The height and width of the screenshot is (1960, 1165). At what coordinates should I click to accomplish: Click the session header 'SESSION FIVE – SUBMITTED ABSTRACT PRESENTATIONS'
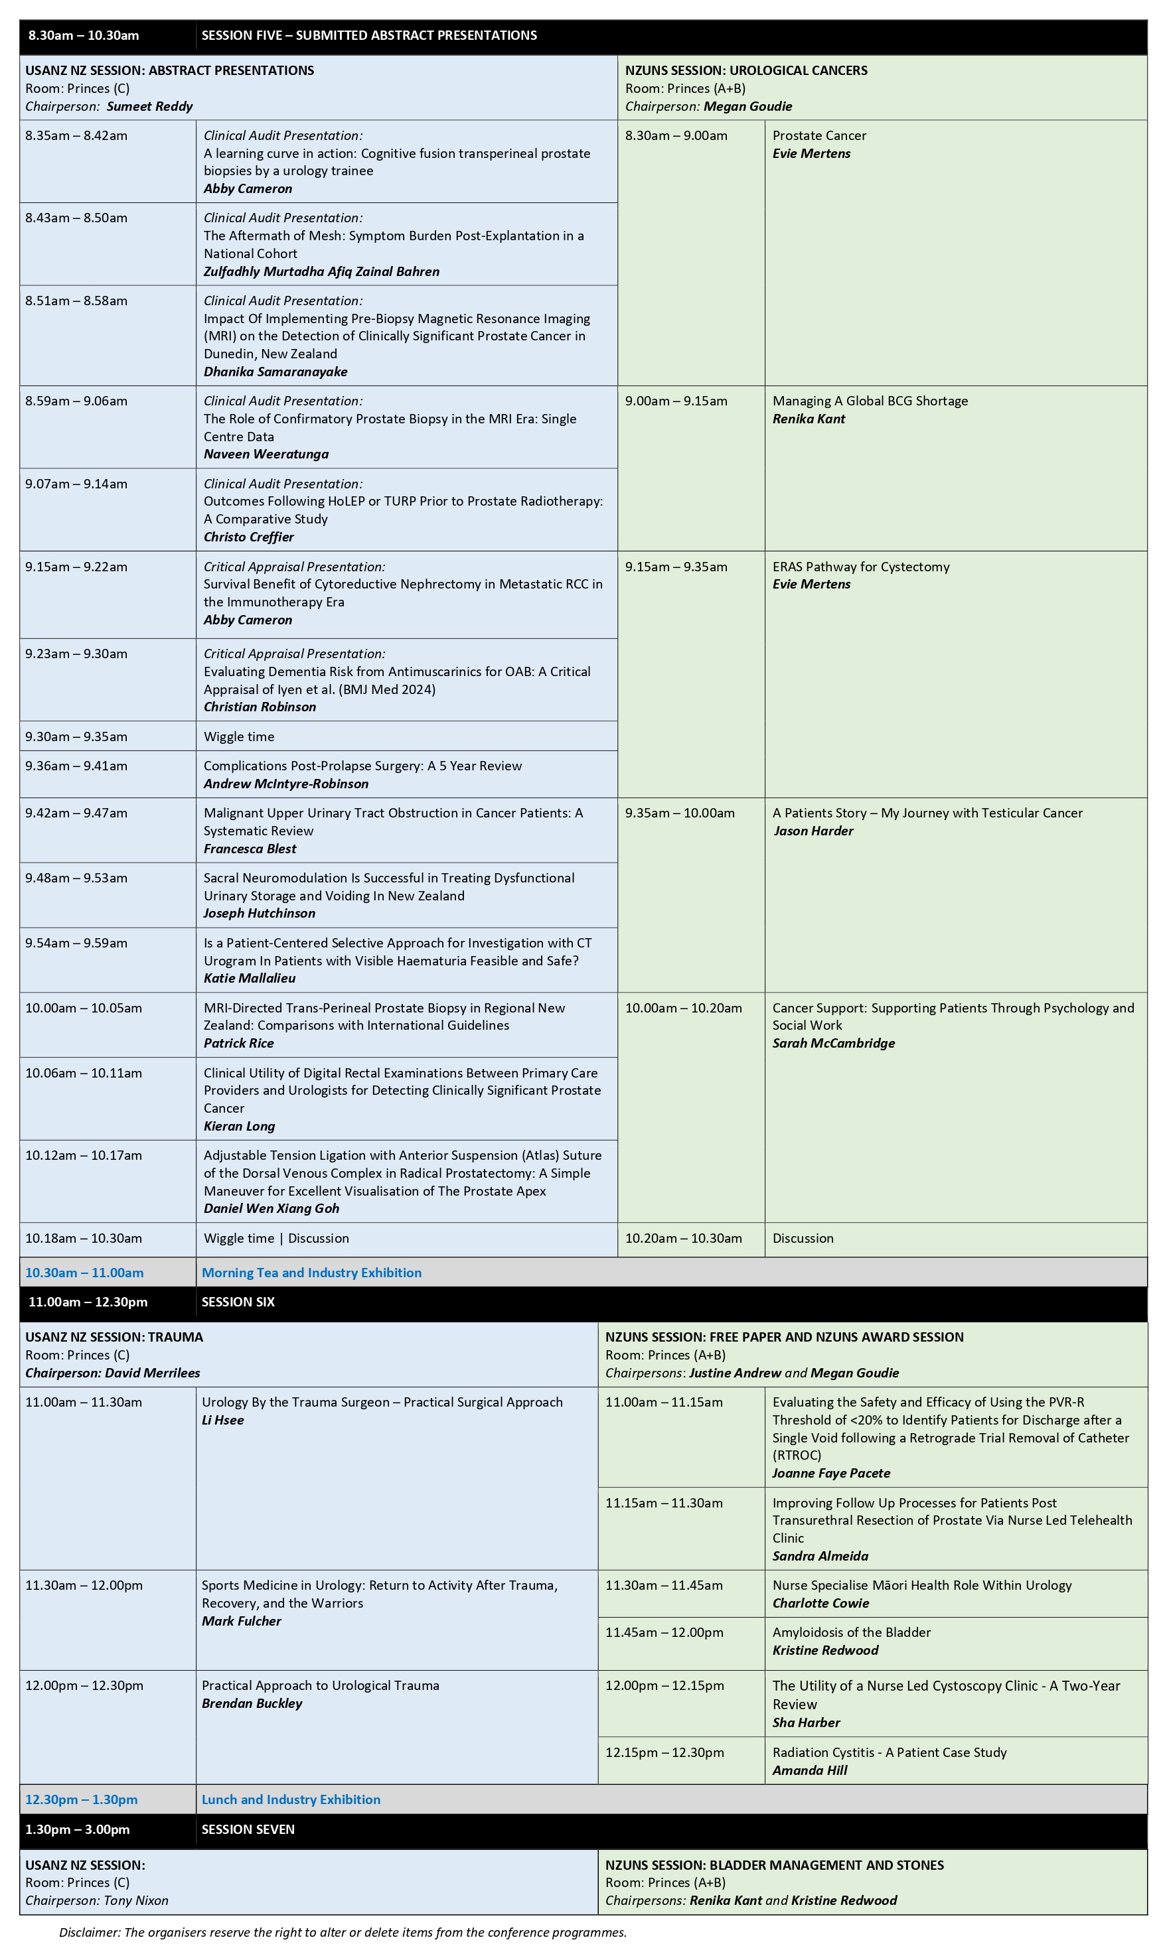pyautogui.click(x=369, y=35)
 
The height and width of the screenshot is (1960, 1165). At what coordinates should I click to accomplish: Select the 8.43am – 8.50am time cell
pyautogui.click(x=76, y=218)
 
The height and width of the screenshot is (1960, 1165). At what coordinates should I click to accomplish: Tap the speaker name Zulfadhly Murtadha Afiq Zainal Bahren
pyautogui.click(x=321, y=271)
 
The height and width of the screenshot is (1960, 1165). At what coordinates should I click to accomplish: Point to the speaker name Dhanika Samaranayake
pyautogui.click(x=275, y=372)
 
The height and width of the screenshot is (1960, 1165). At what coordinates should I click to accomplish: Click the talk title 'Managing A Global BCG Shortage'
pyautogui.click(x=870, y=401)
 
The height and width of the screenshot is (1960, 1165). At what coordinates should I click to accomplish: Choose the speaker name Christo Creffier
pyautogui.click(x=248, y=537)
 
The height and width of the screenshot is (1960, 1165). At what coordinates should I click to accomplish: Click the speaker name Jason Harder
pyautogui.click(x=813, y=831)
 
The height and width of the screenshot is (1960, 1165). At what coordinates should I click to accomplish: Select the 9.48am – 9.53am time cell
pyautogui.click(x=76, y=878)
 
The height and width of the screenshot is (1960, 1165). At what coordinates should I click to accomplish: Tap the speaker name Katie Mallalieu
pyautogui.click(x=249, y=979)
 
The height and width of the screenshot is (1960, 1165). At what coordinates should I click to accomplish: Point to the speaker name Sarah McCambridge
pyautogui.click(x=833, y=1044)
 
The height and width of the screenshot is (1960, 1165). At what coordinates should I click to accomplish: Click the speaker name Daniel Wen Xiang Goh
pyautogui.click(x=271, y=1208)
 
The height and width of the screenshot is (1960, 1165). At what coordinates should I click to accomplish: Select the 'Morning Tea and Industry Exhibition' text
pyautogui.click(x=311, y=1273)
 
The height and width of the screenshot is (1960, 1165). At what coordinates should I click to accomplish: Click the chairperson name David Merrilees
pyautogui.click(x=152, y=1373)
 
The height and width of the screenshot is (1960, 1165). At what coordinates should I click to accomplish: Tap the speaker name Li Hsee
pyautogui.click(x=222, y=1420)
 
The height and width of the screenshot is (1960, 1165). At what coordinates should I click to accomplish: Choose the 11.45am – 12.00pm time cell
pyautogui.click(x=663, y=1633)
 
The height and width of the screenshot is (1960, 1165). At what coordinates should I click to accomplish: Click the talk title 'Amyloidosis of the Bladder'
pyautogui.click(x=851, y=1633)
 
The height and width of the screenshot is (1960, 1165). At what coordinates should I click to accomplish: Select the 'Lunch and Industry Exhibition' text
pyautogui.click(x=291, y=1800)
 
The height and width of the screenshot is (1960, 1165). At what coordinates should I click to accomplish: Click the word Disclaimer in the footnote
pyautogui.click(x=89, y=1933)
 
